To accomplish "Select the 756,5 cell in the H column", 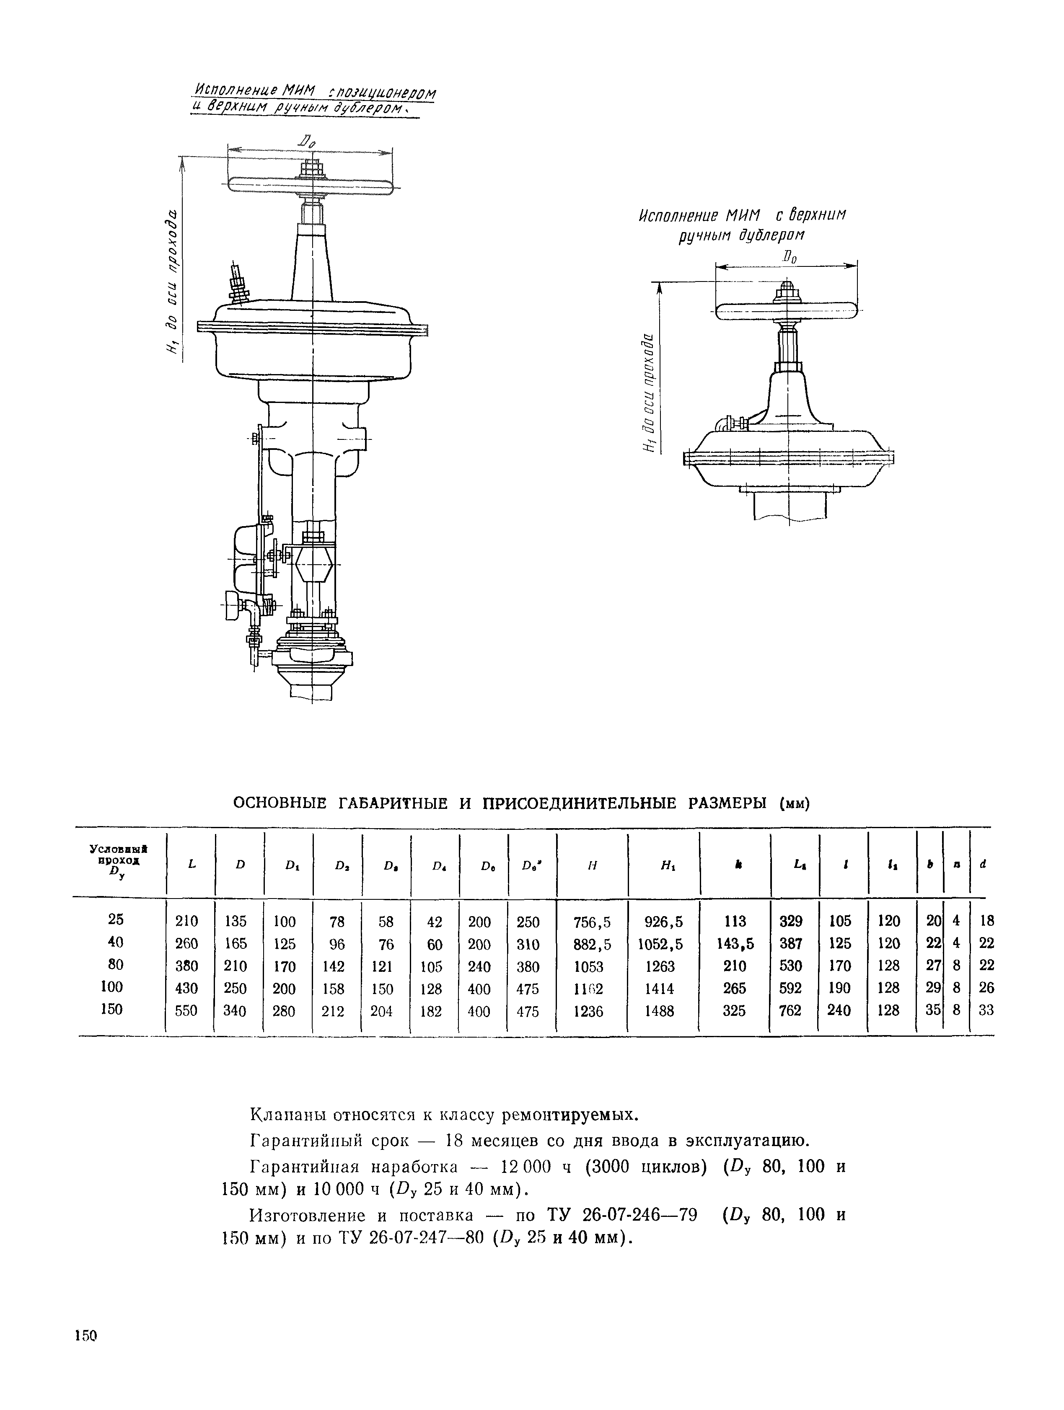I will click(592, 922).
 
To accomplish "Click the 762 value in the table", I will click(790, 1011).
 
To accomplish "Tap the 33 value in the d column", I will click(986, 1010).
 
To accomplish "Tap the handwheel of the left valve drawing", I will click(311, 183).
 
